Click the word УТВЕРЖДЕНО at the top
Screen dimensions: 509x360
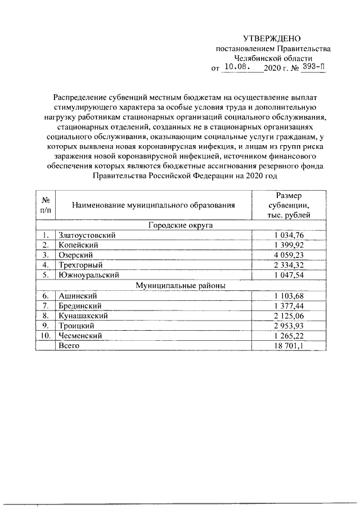pyautogui.click(x=272, y=39)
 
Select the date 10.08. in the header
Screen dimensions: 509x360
pyautogui.click(x=236, y=68)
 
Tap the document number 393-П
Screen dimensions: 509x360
pyautogui.click(x=313, y=68)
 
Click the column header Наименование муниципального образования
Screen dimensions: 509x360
pyautogui.click(x=154, y=204)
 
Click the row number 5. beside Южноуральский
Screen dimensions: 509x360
pyautogui.click(x=46, y=276)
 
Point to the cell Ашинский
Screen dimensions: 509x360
pyautogui.click(x=78, y=295)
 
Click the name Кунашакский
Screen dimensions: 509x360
pyautogui.click(x=83, y=316)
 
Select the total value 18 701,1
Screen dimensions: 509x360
pyautogui.click(x=289, y=346)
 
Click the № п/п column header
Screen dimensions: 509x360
pyautogui.click(x=46, y=204)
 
